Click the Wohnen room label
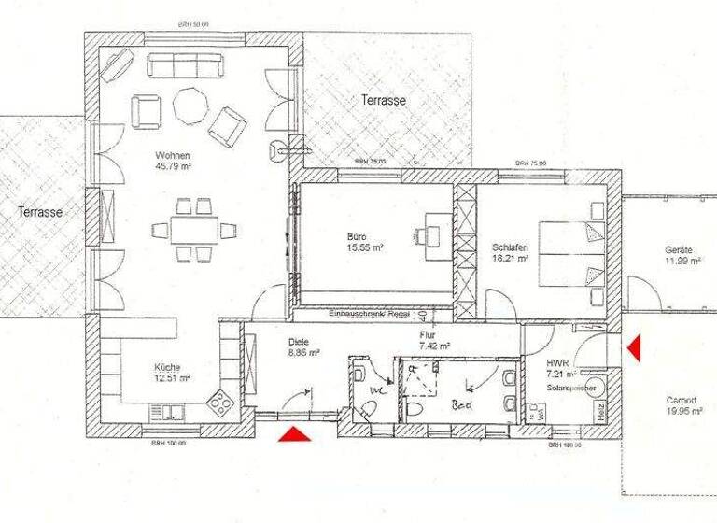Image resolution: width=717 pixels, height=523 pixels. coord(174,155)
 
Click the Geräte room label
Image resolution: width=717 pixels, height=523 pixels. coord(678,250)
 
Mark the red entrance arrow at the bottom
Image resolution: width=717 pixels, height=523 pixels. coord(294,433)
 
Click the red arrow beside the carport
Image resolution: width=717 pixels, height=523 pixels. coord(632,349)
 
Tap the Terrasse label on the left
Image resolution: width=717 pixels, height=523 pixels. coord(40,213)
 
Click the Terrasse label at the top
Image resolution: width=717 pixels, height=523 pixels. coord(384,100)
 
